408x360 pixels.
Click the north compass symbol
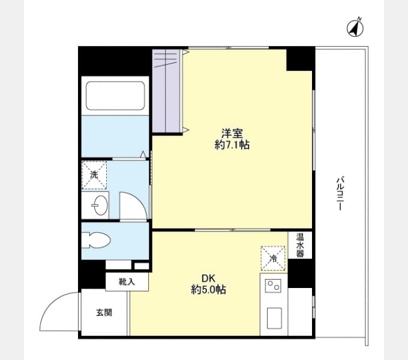(x=355, y=28)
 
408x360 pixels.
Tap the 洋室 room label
(x=232, y=134)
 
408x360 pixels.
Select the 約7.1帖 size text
(x=232, y=145)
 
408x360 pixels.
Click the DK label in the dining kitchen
(x=208, y=278)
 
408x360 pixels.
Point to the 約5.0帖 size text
(x=208, y=289)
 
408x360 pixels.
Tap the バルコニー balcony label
(x=340, y=193)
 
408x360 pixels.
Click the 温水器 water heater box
(x=300, y=245)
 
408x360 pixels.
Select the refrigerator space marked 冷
(x=273, y=258)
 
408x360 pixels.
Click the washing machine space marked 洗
(x=94, y=175)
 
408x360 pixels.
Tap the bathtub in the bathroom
(x=115, y=96)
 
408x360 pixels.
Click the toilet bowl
(x=96, y=240)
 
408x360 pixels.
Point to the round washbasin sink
(x=100, y=205)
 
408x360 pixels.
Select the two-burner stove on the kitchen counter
(x=273, y=286)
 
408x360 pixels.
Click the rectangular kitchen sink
(x=274, y=318)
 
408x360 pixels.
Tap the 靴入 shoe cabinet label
(x=127, y=281)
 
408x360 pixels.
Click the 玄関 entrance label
(x=104, y=313)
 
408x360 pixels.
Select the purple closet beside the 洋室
(x=167, y=91)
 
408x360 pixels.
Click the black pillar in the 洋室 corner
(x=299, y=59)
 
